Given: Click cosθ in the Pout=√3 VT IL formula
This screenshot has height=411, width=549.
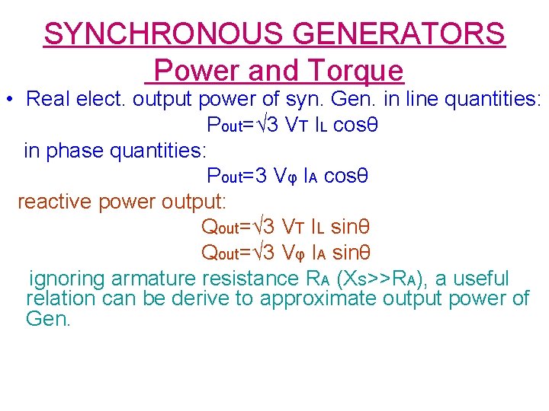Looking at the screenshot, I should (x=352, y=125).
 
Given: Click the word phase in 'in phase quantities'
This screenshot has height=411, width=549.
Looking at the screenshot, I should (x=75, y=151).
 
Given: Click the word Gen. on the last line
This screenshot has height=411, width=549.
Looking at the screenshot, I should (x=47, y=319).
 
